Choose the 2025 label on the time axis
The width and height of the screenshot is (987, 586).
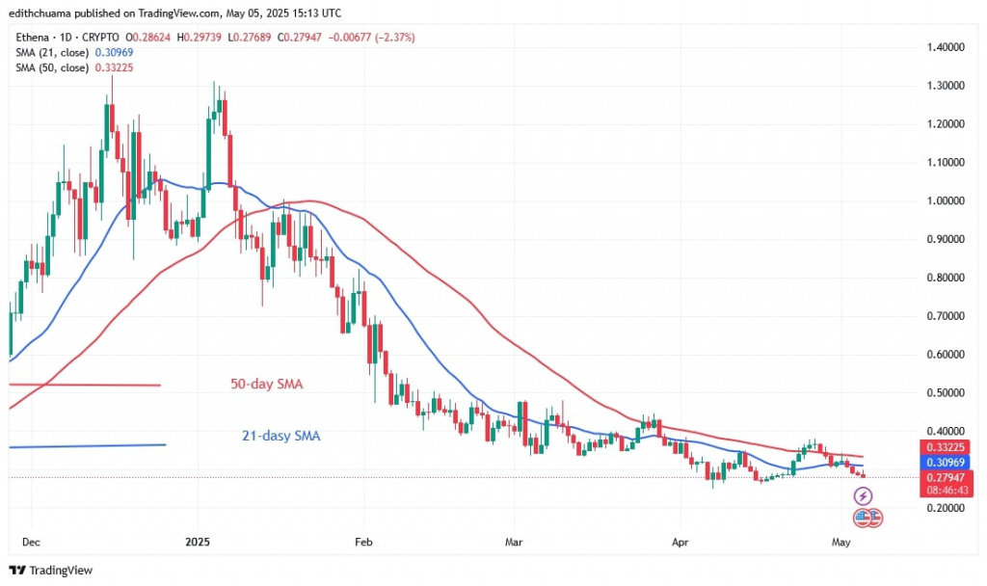tap(197, 541)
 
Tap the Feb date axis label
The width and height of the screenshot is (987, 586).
tap(362, 541)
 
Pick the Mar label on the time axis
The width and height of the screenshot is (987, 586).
tap(514, 541)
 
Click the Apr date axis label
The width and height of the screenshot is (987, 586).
tap(680, 541)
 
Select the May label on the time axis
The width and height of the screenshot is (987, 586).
tap(840, 541)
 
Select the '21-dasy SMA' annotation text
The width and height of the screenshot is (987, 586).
tap(280, 437)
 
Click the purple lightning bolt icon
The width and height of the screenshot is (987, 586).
tap(864, 496)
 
